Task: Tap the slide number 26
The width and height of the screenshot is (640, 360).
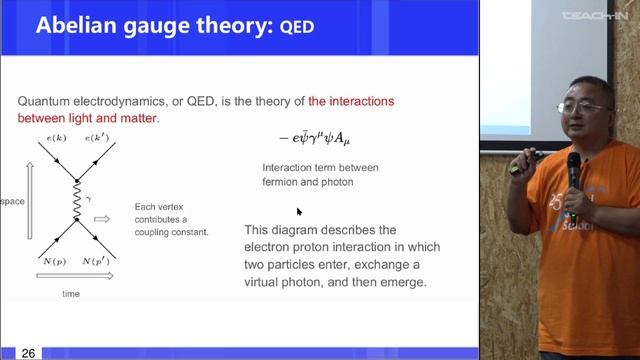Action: click(28, 353)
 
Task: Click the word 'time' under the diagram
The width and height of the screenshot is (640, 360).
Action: click(71, 295)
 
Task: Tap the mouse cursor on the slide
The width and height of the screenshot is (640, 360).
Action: click(299, 212)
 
